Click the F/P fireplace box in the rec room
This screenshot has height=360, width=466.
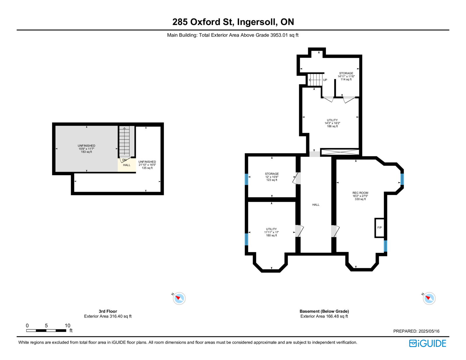379,228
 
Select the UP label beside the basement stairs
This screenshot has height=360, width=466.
325,80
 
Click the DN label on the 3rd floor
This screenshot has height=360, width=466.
124,160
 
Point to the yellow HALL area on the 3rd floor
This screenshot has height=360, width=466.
127,165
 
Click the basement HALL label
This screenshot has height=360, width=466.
316,205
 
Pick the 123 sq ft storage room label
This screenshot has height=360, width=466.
272,177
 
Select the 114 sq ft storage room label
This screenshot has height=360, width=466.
346,76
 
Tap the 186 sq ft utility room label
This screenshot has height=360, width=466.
332,123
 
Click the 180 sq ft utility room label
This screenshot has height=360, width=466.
271,232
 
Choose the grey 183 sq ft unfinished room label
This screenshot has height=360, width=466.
87,149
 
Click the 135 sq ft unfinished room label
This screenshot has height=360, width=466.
147,165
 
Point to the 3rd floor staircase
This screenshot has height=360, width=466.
124,142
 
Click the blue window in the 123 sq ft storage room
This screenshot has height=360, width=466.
246,179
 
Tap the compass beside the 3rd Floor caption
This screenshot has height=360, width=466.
179,298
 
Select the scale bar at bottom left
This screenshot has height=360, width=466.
46,330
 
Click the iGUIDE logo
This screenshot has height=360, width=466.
427,343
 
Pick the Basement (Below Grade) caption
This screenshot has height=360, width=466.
324,311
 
